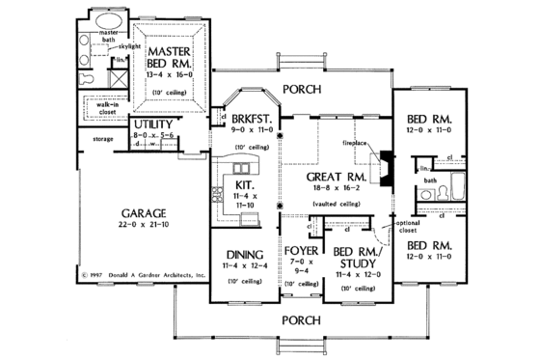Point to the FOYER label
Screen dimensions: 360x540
[302, 250]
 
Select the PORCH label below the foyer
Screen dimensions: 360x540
[296, 318]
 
